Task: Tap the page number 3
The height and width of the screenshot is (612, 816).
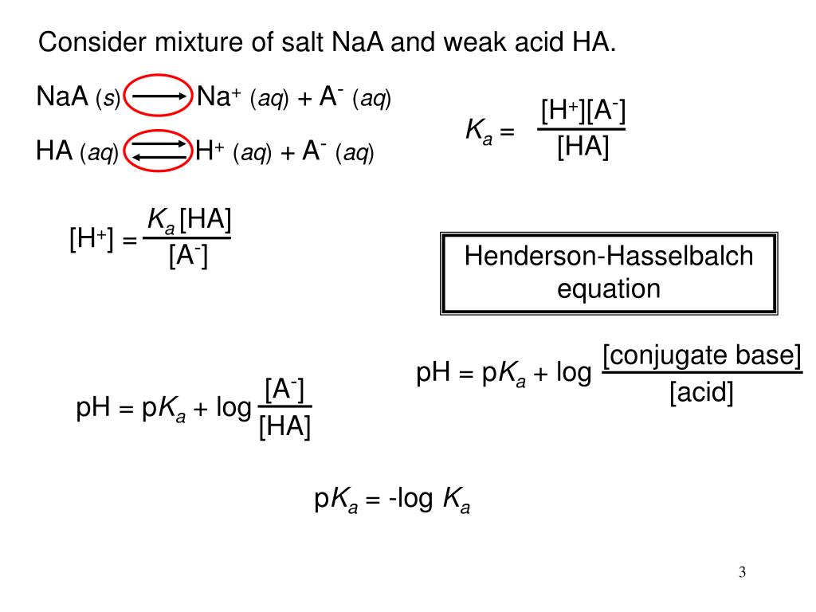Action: pos(742,572)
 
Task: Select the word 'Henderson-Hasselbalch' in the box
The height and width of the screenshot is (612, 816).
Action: pos(609,257)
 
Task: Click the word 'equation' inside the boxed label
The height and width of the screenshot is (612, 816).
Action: pos(609,288)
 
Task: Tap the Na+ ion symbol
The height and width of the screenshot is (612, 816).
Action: pos(219,97)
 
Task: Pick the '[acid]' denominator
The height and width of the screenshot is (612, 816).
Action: pos(701,393)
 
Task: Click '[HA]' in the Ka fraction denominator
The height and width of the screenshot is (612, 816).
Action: pos(582,147)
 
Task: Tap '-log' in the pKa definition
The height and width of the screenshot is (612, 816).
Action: pos(411,500)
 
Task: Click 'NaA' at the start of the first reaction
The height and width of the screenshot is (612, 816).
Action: pos(63,98)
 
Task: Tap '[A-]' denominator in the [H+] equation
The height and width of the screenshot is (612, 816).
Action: pos(189,257)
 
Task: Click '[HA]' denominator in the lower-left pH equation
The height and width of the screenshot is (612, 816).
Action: pos(284,427)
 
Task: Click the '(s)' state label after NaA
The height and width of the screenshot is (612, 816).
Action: pos(108,100)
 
